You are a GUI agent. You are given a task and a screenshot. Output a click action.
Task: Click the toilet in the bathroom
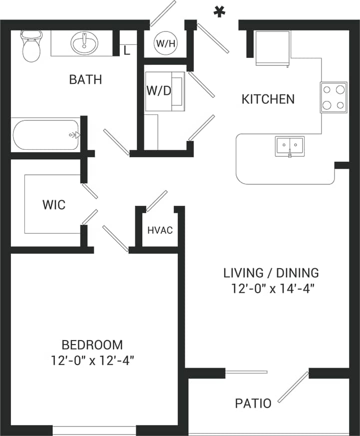coord(31,45)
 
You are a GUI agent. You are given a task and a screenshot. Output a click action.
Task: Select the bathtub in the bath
coord(46,134)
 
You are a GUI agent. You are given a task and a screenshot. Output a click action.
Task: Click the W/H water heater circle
coord(166,43)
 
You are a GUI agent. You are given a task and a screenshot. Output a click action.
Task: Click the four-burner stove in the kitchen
coord(334,97)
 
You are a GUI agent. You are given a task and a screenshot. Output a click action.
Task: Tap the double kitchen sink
coord(290,145)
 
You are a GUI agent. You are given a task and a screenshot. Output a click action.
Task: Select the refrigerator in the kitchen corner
coord(273,48)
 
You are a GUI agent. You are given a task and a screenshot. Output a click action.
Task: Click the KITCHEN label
coord(268,99)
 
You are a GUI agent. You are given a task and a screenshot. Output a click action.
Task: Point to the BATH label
coord(85,79)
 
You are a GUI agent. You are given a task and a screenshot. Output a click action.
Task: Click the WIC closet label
coord(53,205)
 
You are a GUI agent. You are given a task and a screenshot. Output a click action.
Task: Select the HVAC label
coord(160,230)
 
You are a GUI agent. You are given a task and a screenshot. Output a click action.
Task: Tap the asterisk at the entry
coord(218,12)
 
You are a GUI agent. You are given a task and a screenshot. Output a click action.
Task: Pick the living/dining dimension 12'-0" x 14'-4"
coord(271,288)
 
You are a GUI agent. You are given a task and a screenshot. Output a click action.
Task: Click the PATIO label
coord(253,403)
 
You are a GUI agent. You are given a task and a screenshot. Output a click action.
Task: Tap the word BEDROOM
coord(92,345)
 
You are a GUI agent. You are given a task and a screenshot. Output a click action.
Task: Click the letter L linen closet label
coord(127,50)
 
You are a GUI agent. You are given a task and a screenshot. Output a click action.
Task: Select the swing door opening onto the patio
coord(293,387)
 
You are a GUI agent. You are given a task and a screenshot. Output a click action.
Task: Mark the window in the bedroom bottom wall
coord(94,431)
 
